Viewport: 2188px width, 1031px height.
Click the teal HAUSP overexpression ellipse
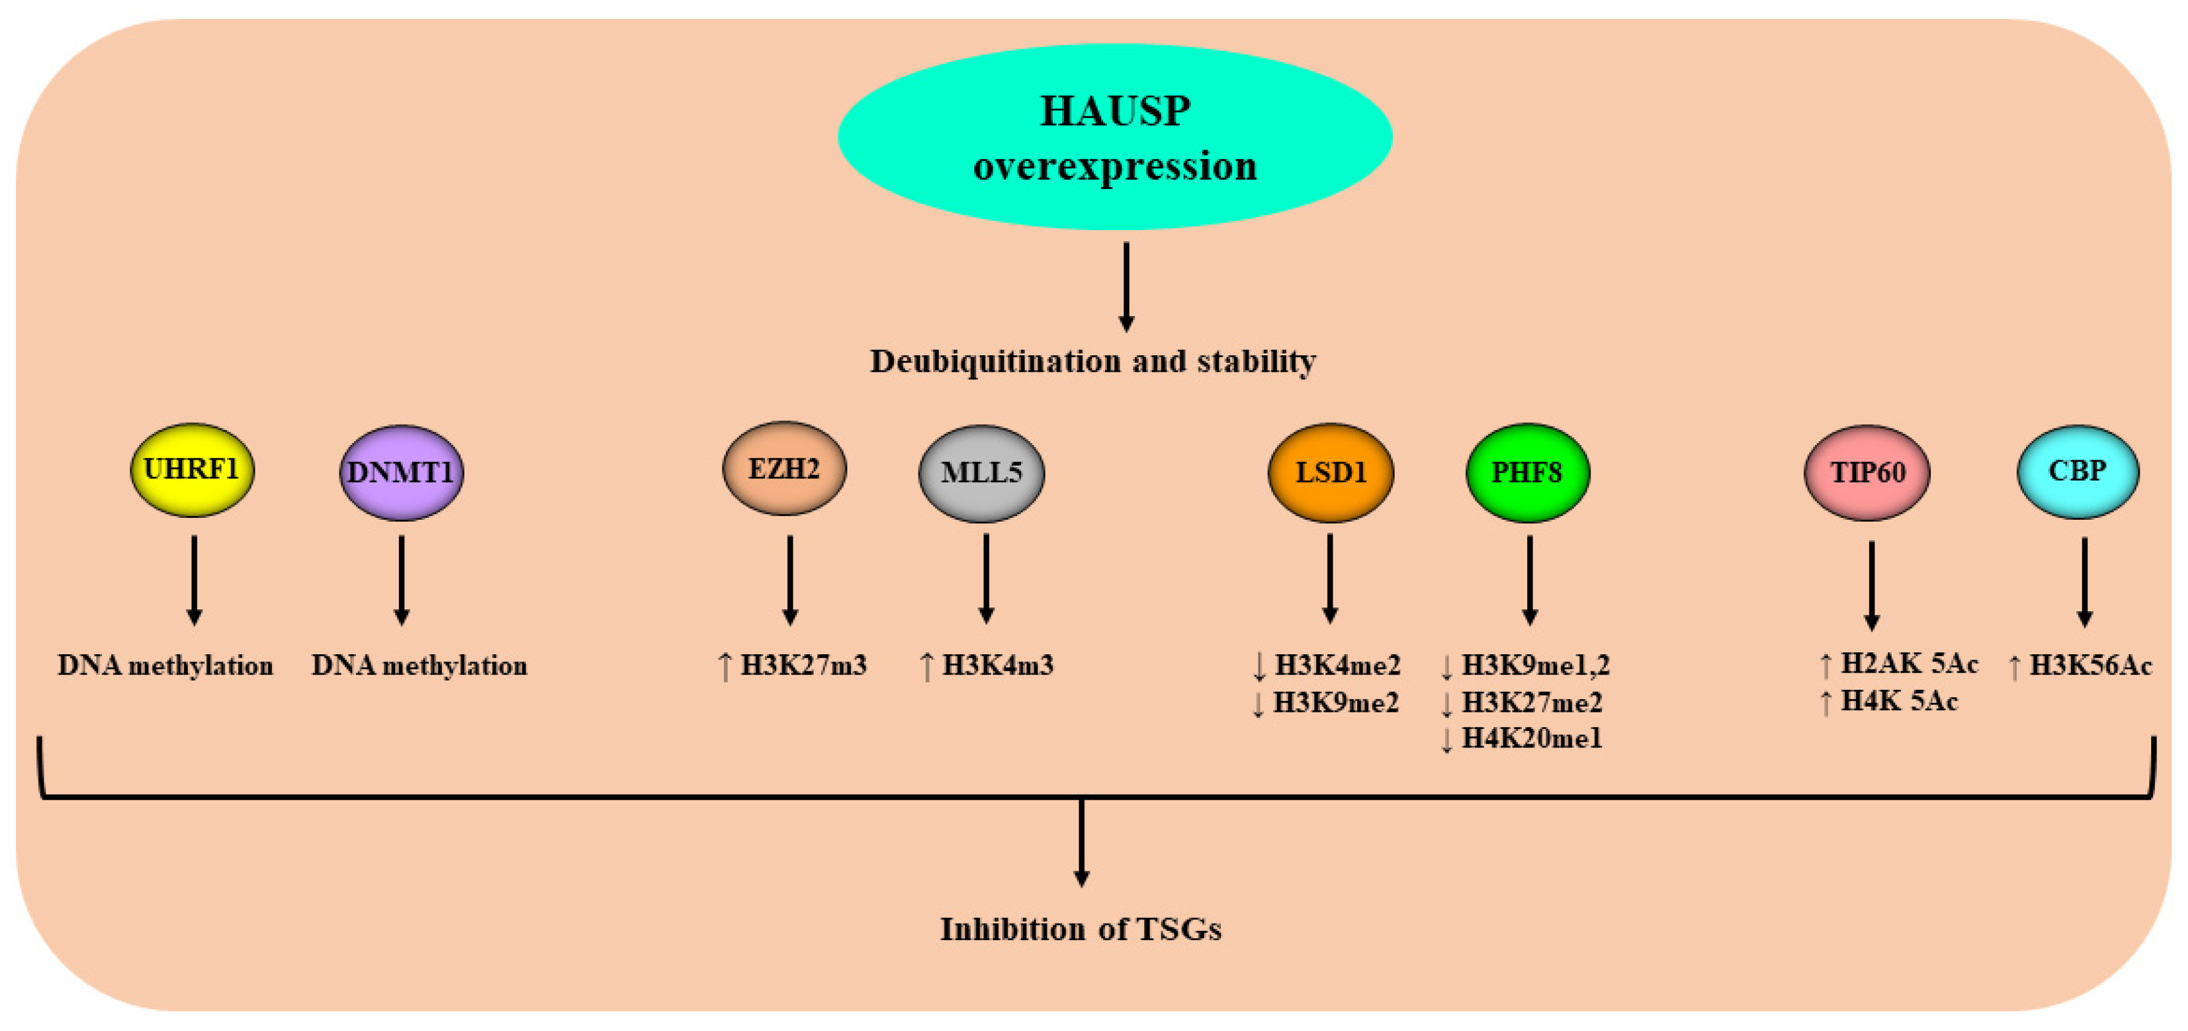tap(1114, 136)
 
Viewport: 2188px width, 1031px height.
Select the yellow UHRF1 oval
tap(192, 469)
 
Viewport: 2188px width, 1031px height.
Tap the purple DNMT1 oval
tap(401, 472)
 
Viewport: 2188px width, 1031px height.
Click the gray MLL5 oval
tap(981, 472)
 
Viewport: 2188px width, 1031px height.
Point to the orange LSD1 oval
tap(1330, 472)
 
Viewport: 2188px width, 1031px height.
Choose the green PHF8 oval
tap(1527, 472)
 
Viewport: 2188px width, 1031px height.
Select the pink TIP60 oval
tap(1867, 472)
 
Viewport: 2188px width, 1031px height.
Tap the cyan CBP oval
tap(2078, 471)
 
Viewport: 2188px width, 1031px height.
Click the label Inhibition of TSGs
tap(1081, 929)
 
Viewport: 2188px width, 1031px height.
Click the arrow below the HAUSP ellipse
tap(1127, 287)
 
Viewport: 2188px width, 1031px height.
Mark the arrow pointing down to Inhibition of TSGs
tap(1081, 843)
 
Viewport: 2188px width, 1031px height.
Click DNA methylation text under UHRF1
tap(166, 666)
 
